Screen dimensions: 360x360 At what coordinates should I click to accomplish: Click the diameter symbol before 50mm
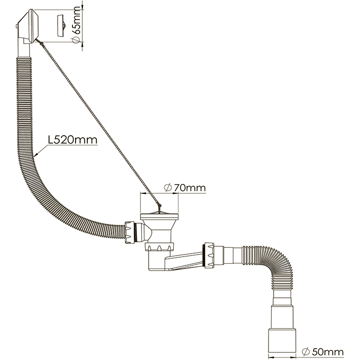click(305, 351)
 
